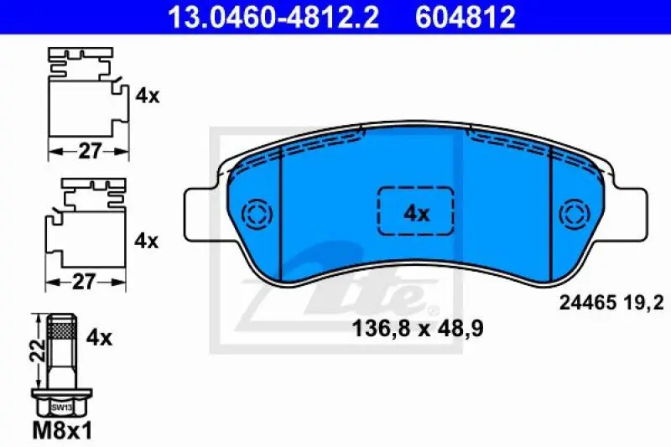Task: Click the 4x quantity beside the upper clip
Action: (x=148, y=96)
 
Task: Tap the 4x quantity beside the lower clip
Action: (x=148, y=241)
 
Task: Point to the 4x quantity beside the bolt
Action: (x=100, y=338)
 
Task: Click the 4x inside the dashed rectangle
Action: (x=416, y=213)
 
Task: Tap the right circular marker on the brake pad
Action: (x=576, y=213)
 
